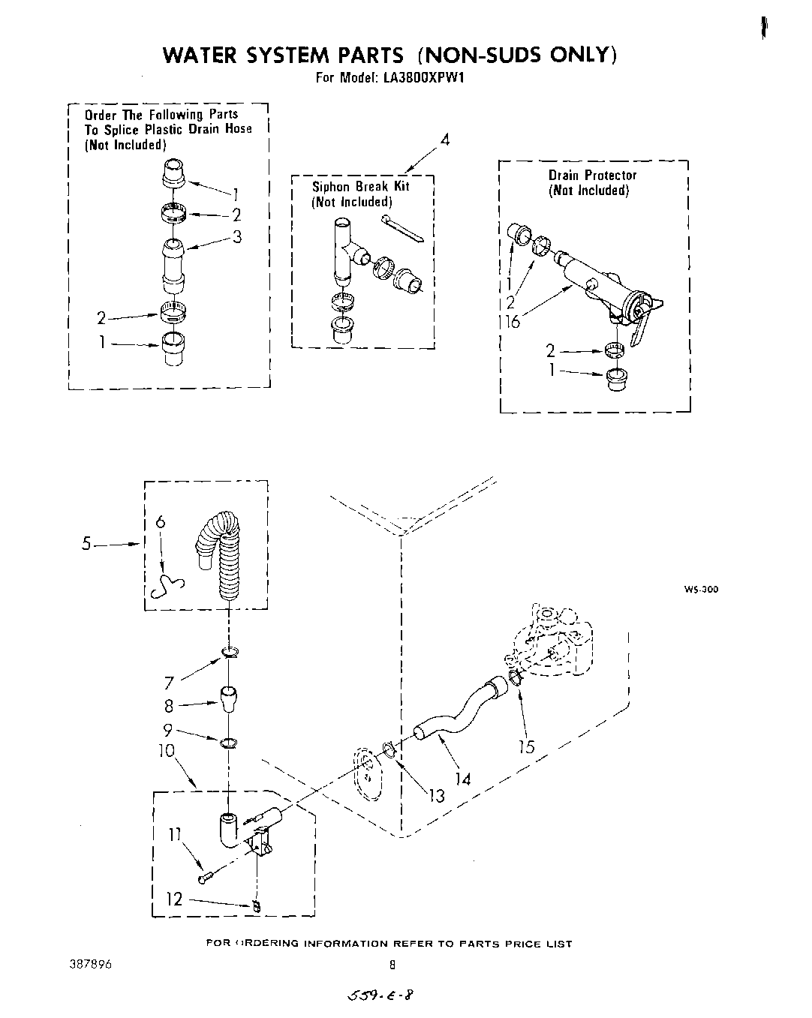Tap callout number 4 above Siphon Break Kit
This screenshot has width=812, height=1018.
tap(444, 140)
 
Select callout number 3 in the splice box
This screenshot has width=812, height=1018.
tap(236, 237)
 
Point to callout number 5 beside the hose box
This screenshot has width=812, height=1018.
tap(89, 544)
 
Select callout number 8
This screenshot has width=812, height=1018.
tap(169, 705)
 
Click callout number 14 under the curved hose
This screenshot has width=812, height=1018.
tap(462, 779)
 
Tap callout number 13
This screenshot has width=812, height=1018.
tap(436, 795)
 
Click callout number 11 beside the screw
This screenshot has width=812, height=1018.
tap(174, 834)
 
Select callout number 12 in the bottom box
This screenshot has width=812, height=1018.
tap(174, 898)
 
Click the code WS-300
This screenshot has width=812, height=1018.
tap(700, 589)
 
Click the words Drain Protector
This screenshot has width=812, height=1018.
tap(592, 175)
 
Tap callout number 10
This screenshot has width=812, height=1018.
tap(166, 749)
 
